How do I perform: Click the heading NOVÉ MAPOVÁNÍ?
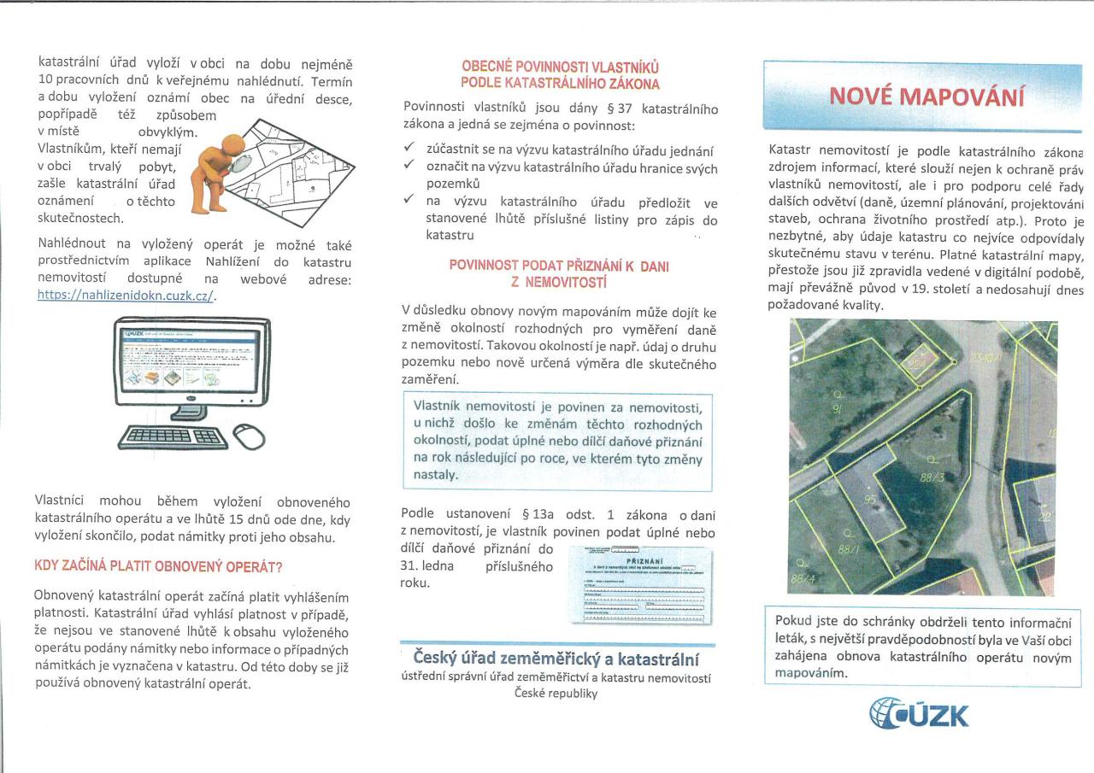pyautogui.click(x=926, y=96)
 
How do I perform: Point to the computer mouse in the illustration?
pyautogui.click(x=249, y=437)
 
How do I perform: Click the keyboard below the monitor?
pyautogui.click(x=174, y=437)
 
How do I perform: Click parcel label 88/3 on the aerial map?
pyautogui.click(x=932, y=477)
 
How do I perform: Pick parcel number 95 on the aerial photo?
pyautogui.click(x=870, y=499)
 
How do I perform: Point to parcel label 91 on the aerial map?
pyautogui.click(x=838, y=409)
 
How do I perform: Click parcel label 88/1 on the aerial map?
pyautogui.click(x=849, y=550)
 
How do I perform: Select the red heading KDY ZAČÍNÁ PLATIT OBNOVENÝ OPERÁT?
pyautogui.click(x=158, y=566)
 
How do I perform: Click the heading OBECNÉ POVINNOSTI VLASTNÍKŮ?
pyautogui.click(x=560, y=67)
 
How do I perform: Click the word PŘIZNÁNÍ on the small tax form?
pyautogui.click(x=645, y=560)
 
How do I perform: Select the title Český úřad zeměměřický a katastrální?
pyautogui.click(x=556, y=659)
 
